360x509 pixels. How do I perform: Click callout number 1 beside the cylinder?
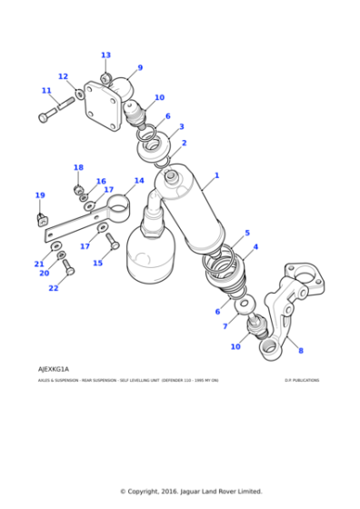[x=216, y=175]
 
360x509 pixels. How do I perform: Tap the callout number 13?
[x=105, y=55]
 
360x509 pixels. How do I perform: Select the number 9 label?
[x=140, y=67]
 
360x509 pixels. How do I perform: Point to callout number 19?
[x=39, y=195]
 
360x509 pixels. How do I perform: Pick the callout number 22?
[x=53, y=288]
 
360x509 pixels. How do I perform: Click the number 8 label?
[x=301, y=351]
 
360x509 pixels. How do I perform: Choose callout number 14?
[x=139, y=181]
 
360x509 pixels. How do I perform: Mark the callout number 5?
[x=246, y=233]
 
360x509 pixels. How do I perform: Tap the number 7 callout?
[x=225, y=325]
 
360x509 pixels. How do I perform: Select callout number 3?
[x=181, y=127]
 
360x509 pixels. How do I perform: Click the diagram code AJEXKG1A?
[x=54, y=370]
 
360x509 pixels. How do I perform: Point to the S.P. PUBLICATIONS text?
[x=301, y=381]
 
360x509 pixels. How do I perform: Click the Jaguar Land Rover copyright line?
[x=191, y=492]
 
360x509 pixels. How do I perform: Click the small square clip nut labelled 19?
[x=41, y=218]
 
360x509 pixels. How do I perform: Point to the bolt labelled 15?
[x=112, y=241]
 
